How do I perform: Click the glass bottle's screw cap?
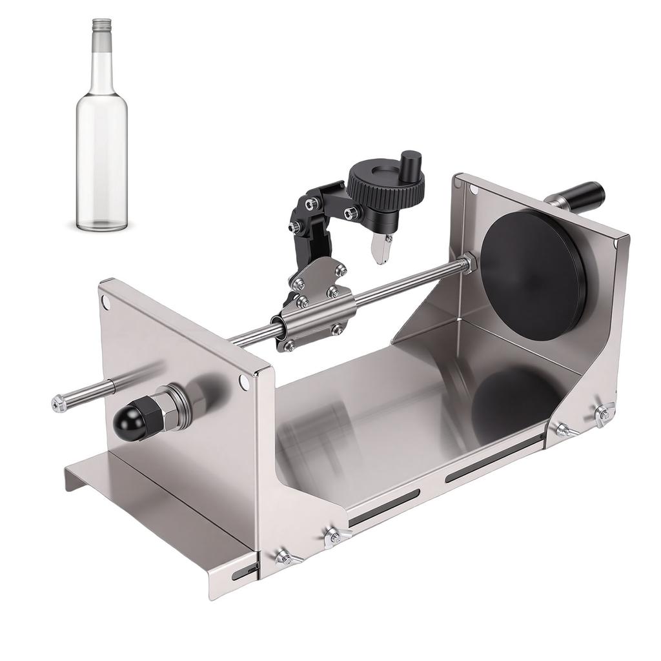click(102, 25)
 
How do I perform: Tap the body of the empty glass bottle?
click(102, 148)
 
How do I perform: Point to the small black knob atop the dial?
click(410, 161)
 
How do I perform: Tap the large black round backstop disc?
click(533, 275)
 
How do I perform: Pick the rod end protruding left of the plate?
click(59, 404)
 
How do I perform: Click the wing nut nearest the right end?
click(604, 413)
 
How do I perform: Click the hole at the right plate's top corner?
click(474, 190)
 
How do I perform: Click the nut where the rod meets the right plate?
click(467, 262)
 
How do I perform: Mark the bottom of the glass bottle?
click(102, 225)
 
